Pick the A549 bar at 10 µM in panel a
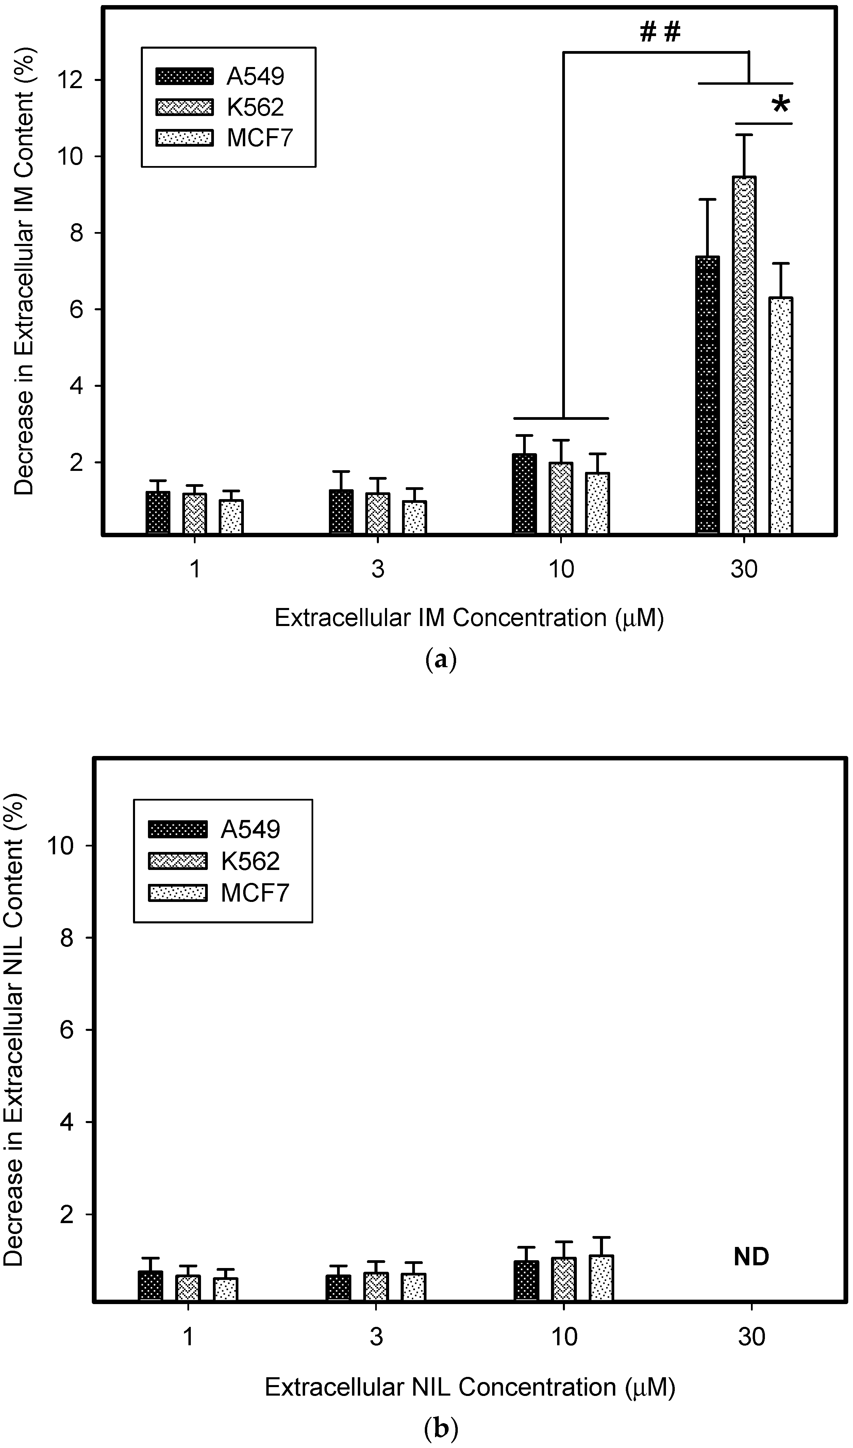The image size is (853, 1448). point(524,494)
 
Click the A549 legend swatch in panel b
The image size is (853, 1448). point(177,829)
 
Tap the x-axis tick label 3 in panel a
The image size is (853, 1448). point(377,569)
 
